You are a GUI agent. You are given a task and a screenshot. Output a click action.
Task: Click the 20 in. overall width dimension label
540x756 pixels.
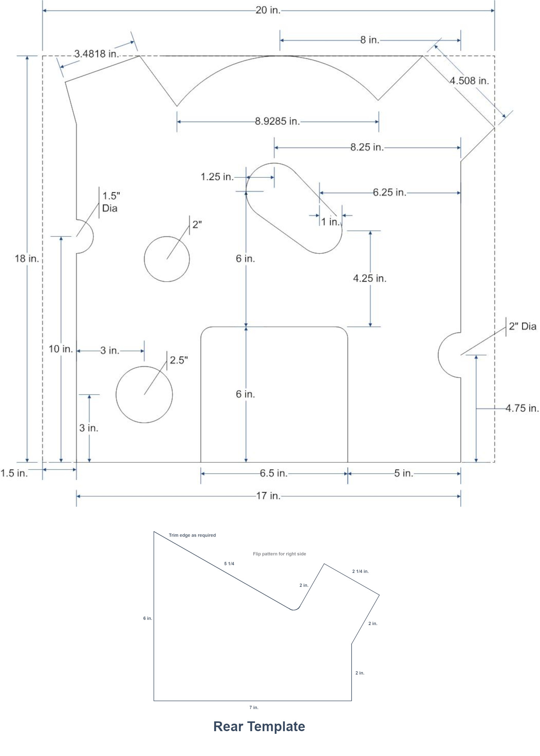click(x=268, y=10)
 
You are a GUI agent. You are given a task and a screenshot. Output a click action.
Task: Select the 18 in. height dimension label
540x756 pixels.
click(x=27, y=259)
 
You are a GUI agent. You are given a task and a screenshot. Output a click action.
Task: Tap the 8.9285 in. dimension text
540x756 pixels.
click(x=278, y=121)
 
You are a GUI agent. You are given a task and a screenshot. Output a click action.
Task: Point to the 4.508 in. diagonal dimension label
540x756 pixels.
click(x=469, y=81)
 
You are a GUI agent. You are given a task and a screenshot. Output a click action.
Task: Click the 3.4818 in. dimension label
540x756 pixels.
click(x=97, y=54)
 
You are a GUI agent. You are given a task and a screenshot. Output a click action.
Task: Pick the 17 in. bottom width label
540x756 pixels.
click(x=268, y=496)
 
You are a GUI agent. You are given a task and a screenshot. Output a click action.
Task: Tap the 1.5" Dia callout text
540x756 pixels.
click(x=111, y=202)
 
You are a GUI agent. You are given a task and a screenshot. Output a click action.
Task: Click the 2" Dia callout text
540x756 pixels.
click(x=523, y=326)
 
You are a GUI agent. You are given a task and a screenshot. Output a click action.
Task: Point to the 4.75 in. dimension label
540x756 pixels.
click(x=522, y=408)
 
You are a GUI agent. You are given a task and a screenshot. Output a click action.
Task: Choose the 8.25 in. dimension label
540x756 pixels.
click(x=367, y=147)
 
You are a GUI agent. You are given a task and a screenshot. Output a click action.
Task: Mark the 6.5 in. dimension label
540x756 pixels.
click(x=274, y=473)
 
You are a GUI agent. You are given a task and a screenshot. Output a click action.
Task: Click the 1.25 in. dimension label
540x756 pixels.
click(x=217, y=176)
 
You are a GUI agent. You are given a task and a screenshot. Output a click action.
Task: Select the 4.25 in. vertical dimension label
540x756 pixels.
click(x=370, y=278)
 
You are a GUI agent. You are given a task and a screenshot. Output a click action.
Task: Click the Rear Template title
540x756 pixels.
click(x=259, y=726)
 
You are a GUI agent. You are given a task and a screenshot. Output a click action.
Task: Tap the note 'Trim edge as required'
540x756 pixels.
click(x=192, y=535)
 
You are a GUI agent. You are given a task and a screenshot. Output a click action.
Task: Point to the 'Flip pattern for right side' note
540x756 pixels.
click(x=279, y=554)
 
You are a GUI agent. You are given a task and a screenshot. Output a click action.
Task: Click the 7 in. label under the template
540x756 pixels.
click(x=254, y=707)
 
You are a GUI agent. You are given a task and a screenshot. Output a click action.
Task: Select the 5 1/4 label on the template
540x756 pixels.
click(x=229, y=564)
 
